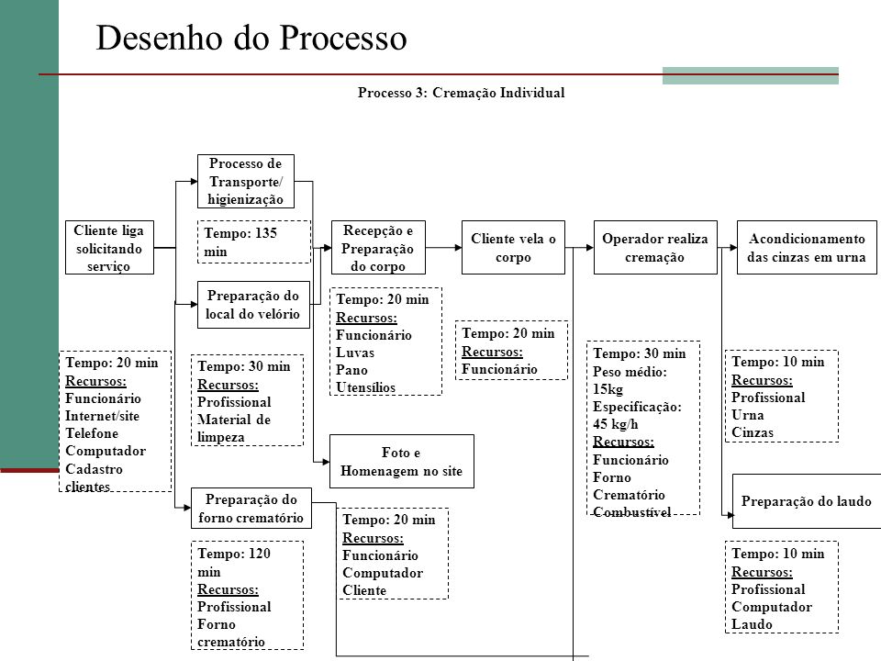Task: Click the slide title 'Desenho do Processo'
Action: tap(251, 39)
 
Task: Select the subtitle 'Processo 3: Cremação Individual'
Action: tap(462, 93)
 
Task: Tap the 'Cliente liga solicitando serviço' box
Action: tap(109, 247)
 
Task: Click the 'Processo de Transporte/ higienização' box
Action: tap(246, 181)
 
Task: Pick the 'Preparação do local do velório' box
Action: tap(253, 305)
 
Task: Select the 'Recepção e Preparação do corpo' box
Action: tap(378, 247)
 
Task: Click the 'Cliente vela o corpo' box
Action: tap(513, 247)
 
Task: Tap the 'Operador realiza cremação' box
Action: tap(655, 247)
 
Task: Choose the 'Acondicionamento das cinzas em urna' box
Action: tap(807, 247)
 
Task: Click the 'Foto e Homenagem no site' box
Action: tap(402, 462)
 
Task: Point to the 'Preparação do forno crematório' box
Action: tap(251, 508)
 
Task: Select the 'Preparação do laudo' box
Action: tap(807, 501)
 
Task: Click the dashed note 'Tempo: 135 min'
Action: tap(254, 241)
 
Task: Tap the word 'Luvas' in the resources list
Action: tap(355, 353)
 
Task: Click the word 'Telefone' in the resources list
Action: tap(92, 433)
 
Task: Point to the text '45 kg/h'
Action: tap(615, 424)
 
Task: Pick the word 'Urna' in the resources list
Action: tap(748, 415)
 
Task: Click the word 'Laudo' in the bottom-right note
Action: tap(752, 624)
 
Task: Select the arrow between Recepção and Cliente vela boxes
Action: tap(443, 247)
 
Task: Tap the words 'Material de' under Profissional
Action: tap(234, 420)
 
